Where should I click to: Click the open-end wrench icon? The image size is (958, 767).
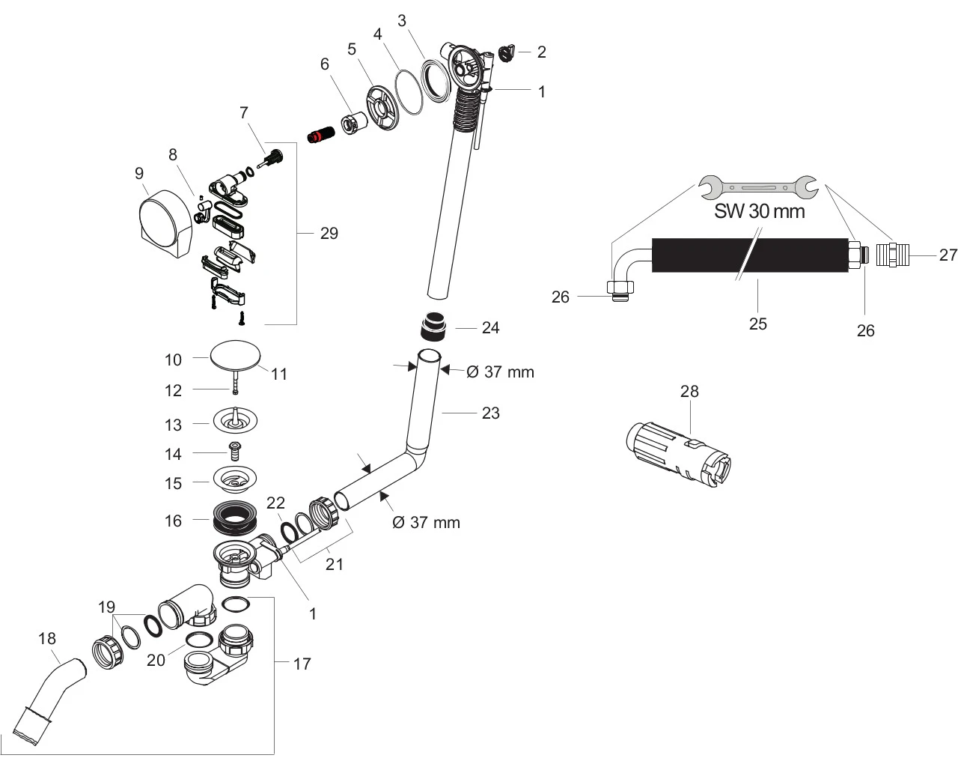757,187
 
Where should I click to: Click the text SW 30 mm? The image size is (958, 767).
759,211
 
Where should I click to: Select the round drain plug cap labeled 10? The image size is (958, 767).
233,355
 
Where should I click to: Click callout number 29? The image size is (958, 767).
329,234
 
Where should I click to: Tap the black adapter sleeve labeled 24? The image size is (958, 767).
431,327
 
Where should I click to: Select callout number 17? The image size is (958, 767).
302,664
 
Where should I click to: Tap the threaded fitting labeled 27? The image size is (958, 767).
898,255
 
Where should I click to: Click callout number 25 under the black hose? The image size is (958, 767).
757,324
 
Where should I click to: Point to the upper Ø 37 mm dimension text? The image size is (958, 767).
500,372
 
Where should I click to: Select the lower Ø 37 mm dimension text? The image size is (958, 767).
426,522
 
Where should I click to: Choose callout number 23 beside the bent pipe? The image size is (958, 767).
490,413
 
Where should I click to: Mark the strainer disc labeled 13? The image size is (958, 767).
235,420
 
